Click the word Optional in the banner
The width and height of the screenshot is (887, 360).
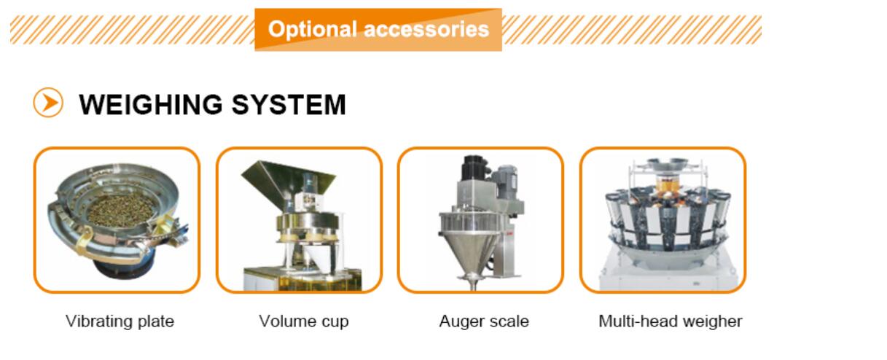313,30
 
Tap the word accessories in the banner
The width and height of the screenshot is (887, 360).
426,29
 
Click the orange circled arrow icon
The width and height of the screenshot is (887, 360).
48,103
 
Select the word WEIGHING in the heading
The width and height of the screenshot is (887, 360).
151,105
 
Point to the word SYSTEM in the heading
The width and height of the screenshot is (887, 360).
289,105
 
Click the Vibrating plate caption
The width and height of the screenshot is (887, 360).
120,321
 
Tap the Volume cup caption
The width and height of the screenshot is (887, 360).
304,321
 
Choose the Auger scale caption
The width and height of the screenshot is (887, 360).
484,321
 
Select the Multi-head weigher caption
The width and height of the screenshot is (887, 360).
670,321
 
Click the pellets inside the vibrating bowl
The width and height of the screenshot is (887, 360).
121,211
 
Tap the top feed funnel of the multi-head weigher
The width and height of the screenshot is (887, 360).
667,164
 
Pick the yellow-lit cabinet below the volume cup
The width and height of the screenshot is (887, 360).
302,279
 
